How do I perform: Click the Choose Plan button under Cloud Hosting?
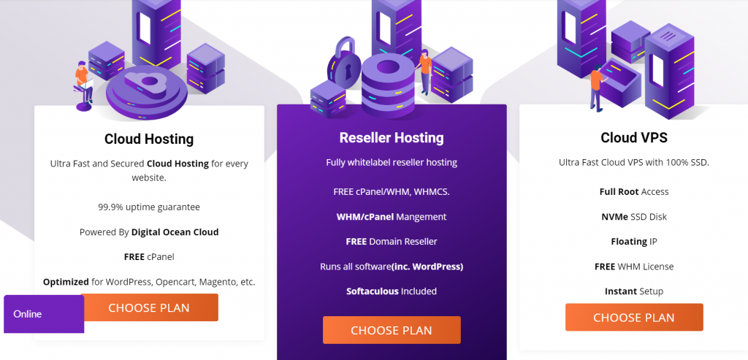coord(149,307)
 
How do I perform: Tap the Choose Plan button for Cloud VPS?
coord(633,317)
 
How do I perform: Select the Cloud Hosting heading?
coord(149,139)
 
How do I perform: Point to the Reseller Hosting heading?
coord(392,137)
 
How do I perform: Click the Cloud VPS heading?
coord(633,137)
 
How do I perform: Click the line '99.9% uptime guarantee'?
coord(149,207)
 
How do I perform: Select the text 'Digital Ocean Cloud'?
coord(175,232)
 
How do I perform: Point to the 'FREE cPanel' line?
coord(149,257)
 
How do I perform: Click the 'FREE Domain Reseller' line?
coord(392,241)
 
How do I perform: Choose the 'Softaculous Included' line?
coord(392,291)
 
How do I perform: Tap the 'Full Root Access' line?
coord(633,191)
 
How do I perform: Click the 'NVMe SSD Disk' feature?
coord(633,216)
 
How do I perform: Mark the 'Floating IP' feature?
coord(633,241)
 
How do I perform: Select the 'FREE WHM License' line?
coord(633,266)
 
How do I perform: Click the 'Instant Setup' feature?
coord(633,291)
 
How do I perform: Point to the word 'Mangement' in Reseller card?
coord(422,216)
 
